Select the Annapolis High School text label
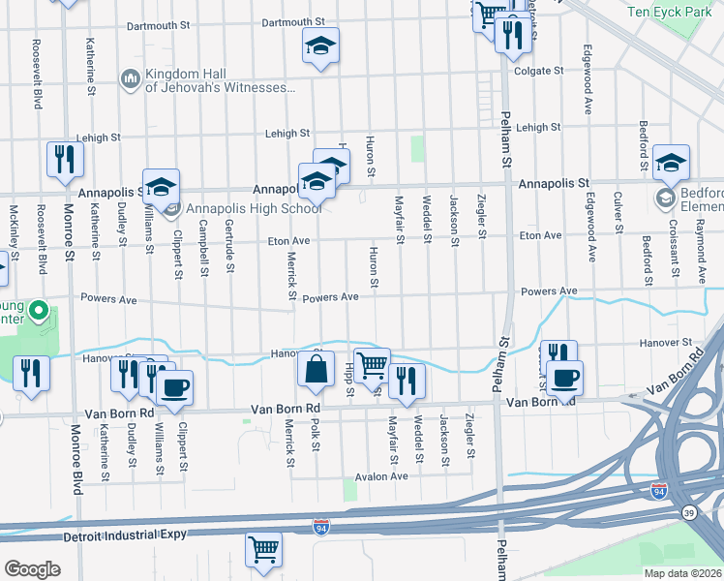point(254,208)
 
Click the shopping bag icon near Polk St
point(317,369)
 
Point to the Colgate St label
point(539,71)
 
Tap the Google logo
point(32,568)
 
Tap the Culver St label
point(618,216)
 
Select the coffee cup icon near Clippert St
point(174,388)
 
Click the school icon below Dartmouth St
point(320,46)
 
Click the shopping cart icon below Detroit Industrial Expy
point(263,550)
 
